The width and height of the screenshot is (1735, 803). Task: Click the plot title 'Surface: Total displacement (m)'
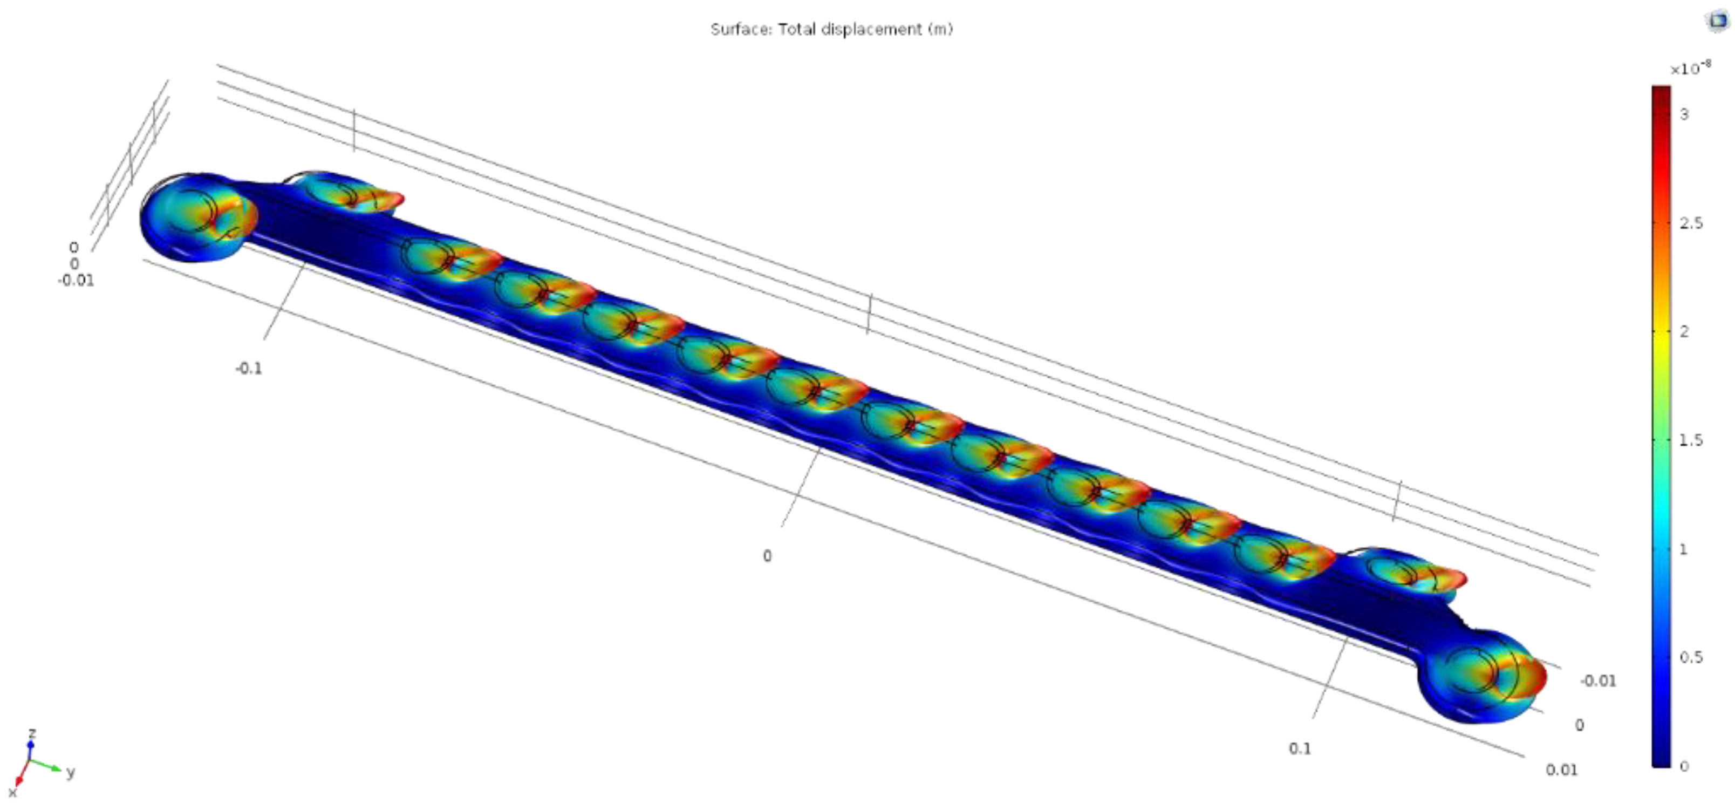coord(831,29)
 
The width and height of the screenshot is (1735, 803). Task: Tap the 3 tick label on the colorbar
coord(1684,114)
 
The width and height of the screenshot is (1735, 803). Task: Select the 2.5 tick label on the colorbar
coord(1691,223)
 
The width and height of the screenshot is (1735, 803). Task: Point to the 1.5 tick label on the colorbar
coord(1691,440)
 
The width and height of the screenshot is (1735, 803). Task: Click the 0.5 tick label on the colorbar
coord(1691,657)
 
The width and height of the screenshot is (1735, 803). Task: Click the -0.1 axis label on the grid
coord(249,369)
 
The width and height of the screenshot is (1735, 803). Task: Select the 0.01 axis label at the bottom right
coord(1561,770)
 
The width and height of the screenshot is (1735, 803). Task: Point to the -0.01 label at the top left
coord(76,280)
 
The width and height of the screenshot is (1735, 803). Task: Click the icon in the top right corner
coord(1718,20)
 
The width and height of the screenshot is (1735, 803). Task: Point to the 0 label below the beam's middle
coord(767,556)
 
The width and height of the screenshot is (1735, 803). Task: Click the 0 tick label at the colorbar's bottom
coord(1684,766)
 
